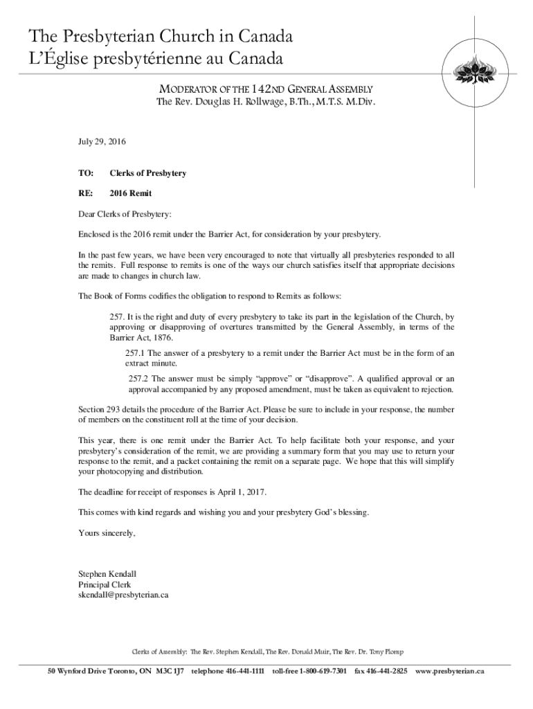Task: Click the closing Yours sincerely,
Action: click(107, 533)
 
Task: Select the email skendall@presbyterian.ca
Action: click(123, 595)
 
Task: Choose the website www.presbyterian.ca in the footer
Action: click(449, 672)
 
